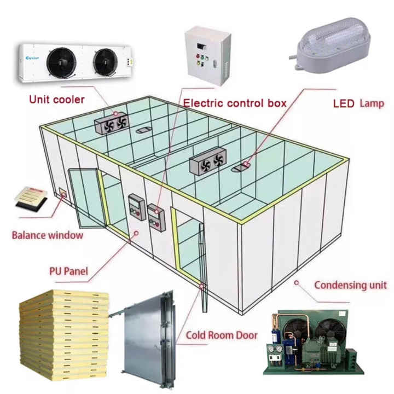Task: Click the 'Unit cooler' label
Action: pos(57,99)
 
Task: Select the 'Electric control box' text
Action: pos(235,103)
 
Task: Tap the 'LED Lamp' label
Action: pos(358,103)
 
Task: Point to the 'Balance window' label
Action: pos(48,235)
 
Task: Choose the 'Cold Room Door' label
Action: pos(221,335)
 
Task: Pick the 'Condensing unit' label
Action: pos(350,285)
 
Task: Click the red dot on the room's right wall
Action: pos(296,283)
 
